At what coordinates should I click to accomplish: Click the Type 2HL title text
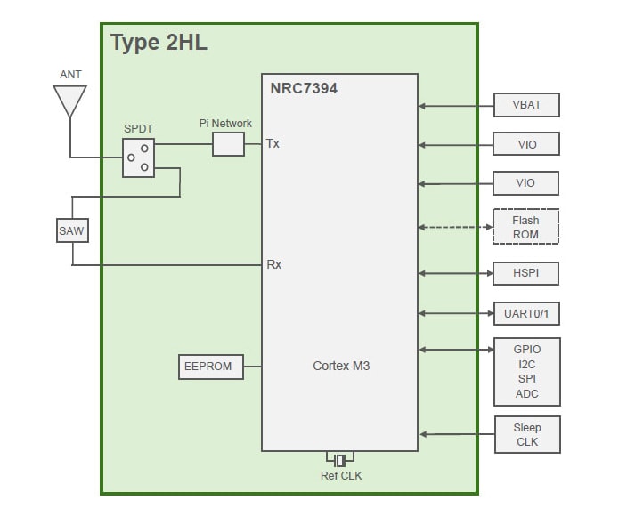coord(159,44)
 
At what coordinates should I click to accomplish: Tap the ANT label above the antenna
coord(70,75)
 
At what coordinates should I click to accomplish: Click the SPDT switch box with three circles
coord(138,157)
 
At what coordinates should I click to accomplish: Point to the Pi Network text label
coord(225,124)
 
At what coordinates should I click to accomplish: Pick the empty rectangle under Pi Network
coord(228,144)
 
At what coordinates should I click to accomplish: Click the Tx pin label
coord(273,144)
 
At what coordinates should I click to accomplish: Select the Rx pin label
coord(273,264)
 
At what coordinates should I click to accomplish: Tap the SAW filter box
coord(71,231)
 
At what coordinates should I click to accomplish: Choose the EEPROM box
coord(211,367)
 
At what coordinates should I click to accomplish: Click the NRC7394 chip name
coord(304,89)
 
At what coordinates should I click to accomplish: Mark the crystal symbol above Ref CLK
coord(340,460)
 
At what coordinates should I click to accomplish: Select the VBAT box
coord(526,105)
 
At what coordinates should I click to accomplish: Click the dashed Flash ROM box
coord(525,227)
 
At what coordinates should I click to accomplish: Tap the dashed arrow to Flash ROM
coord(455,226)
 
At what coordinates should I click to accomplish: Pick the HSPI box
coord(526,273)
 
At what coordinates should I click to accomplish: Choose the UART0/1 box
coord(526,314)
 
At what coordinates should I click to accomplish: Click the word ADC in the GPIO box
coord(526,394)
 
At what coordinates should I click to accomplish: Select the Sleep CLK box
coord(527,434)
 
